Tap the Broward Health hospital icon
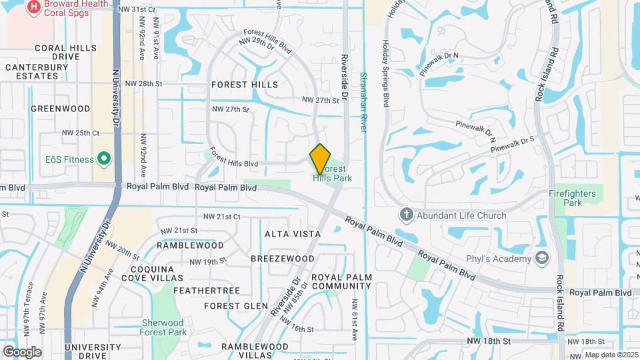pyautogui.click(x=33, y=7)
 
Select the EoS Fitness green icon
pyautogui.click(x=103, y=159)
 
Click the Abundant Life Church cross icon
pyautogui.click(x=406, y=215)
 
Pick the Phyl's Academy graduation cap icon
pyautogui.click(x=543, y=258)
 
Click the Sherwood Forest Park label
pyautogui.click(x=163, y=327)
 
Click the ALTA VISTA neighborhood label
pyautogui.click(x=293, y=234)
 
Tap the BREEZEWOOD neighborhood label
pyautogui.click(x=283, y=258)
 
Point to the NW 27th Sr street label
pyautogui.click(x=230, y=109)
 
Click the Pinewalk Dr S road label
pyautogui.click(x=513, y=145)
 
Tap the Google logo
pyautogui.click(x=23, y=351)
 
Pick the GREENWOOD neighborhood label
pyautogui.click(x=60, y=108)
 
